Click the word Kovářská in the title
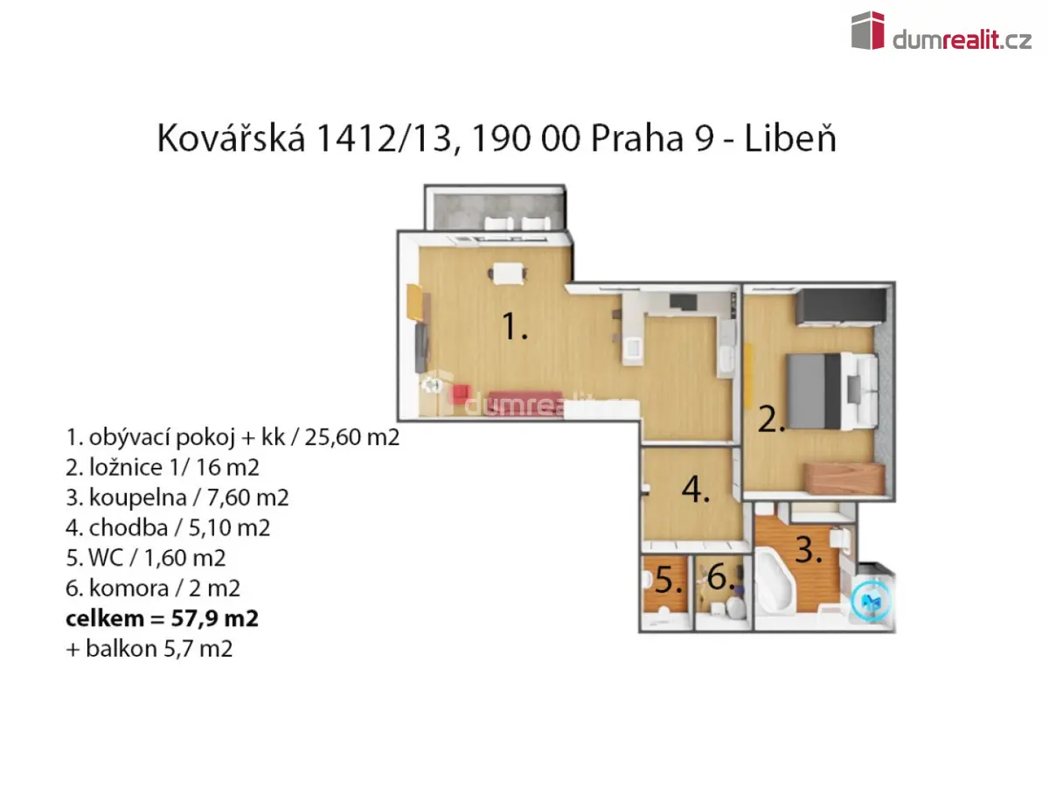[231, 138]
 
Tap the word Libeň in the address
[790, 138]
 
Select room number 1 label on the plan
[515, 326]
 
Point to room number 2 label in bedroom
[771, 420]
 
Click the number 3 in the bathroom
[809, 549]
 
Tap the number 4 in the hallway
[696, 490]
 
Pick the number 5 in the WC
[669, 580]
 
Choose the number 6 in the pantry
[720, 577]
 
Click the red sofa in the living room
[524, 402]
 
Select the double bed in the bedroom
[832, 391]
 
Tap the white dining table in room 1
[508, 274]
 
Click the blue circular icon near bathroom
[872, 601]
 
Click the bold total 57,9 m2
[214, 618]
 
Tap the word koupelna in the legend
[137, 498]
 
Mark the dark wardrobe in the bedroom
[841, 308]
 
